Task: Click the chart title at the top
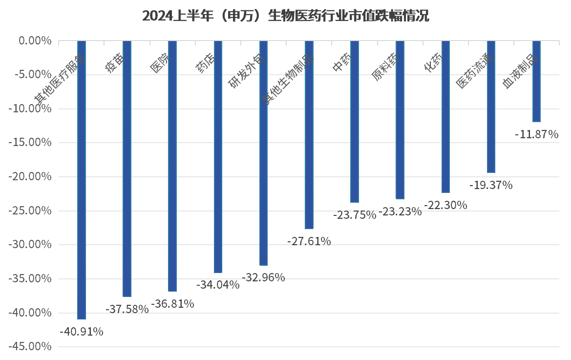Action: pyautogui.click(x=285, y=16)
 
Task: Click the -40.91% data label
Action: pyautogui.click(x=82, y=332)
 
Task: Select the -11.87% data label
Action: pyautogui.click(x=536, y=134)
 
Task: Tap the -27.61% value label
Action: pyautogui.click(x=309, y=241)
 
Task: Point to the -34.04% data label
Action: pyautogui.click(x=218, y=285)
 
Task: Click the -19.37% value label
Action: pyautogui.click(x=491, y=185)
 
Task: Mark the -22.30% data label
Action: pyautogui.click(x=445, y=205)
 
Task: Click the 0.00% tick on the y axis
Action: pyautogui.click(x=35, y=41)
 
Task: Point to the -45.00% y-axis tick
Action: pyautogui.click(x=30, y=347)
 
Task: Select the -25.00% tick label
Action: pyautogui.click(x=30, y=211)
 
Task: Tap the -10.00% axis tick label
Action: pyautogui.click(x=30, y=109)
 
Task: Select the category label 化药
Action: pyautogui.click(x=434, y=63)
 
